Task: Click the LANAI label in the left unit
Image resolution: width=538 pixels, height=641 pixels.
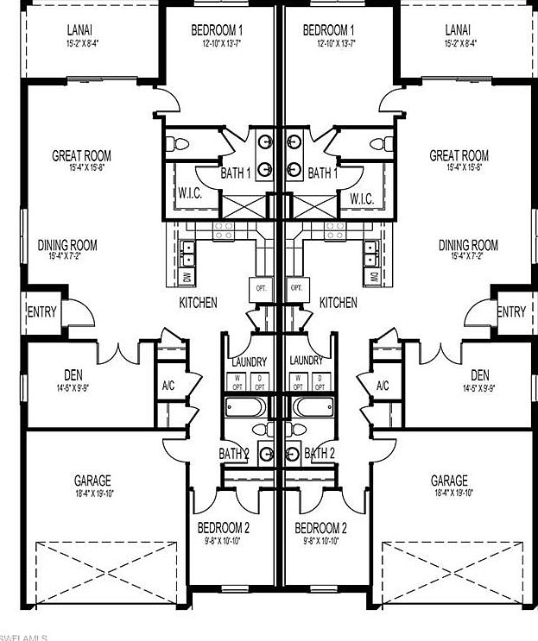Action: (80, 30)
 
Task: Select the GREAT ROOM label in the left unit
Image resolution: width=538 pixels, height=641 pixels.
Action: (81, 156)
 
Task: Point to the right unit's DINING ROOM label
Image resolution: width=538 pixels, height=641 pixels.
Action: (468, 246)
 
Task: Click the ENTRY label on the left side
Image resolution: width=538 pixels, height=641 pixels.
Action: (41, 311)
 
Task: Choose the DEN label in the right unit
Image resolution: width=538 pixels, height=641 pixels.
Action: (480, 374)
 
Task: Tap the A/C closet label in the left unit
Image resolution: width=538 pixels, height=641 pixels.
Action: (168, 386)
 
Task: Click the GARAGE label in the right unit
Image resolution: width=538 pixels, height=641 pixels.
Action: (449, 481)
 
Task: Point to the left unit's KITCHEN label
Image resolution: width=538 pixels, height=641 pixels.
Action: (198, 303)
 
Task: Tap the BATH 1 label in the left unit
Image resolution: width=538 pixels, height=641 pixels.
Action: (236, 173)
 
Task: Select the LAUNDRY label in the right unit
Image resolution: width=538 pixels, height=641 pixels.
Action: (307, 361)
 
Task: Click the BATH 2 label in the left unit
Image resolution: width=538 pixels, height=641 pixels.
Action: (233, 453)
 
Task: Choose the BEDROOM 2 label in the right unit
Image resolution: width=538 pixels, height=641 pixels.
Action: (320, 528)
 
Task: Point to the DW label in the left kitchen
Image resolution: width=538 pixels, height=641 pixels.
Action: (187, 277)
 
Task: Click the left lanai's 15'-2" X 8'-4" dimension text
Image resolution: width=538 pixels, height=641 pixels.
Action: (80, 42)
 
